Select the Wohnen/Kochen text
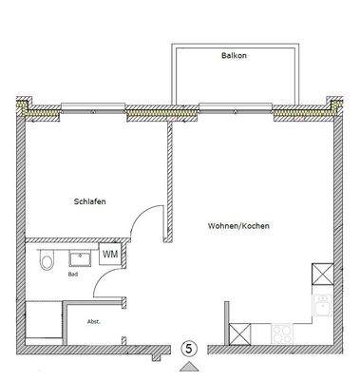pyautogui.click(x=237, y=226)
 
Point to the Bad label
pyautogui.click(x=72, y=274)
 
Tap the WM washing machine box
pyautogui.click(x=110, y=254)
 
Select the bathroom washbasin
pyautogui.click(x=79, y=256)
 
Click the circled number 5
pyautogui.click(x=190, y=349)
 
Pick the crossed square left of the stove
pyautogui.click(x=241, y=334)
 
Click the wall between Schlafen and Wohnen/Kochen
pyautogui.click(x=168, y=180)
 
